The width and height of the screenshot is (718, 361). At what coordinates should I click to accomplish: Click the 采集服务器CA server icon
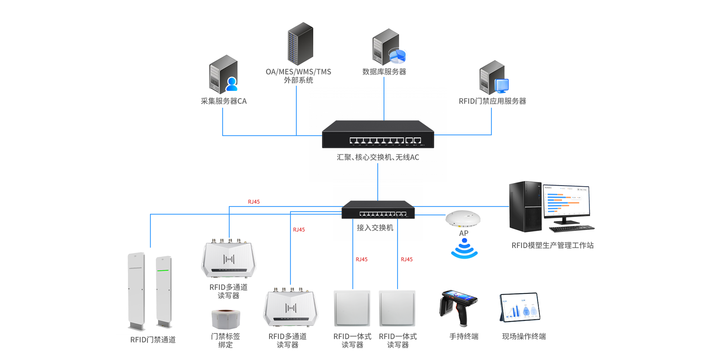click(223, 74)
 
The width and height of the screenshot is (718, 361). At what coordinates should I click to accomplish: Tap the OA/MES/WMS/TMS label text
click(298, 72)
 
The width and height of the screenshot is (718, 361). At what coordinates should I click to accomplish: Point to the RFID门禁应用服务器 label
click(492, 101)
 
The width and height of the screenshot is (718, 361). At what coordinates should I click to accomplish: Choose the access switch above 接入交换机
click(378, 210)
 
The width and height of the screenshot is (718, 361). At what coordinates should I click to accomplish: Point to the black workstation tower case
click(525, 207)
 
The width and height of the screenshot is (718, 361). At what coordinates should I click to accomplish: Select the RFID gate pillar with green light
click(164, 292)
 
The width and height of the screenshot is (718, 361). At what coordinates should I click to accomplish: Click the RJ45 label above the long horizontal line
click(254, 202)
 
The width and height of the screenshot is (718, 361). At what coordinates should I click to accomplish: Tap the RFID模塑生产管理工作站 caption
click(552, 245)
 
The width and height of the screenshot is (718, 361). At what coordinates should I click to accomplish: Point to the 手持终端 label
click(464, 337)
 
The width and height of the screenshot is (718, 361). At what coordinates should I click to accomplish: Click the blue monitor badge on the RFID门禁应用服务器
click(502, 86)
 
